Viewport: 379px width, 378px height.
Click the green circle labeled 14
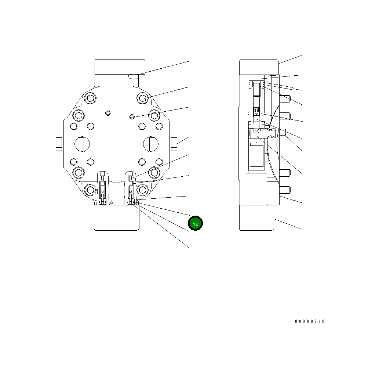[x=195, y=223]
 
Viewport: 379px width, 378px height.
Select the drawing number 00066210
[x=310, y=321]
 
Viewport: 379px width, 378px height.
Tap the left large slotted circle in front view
[x=82, y=143]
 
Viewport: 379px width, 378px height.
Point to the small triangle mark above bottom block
[x=111, y=202]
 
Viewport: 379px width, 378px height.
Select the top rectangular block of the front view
[x=120, y=67]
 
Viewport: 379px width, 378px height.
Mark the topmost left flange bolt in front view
[x=90, y=98]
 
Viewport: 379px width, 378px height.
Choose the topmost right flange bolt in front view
[x=143, y=98]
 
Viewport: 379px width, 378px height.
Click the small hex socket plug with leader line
[x=132, y=117]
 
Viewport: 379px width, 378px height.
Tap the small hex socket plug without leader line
[x=107, y=112]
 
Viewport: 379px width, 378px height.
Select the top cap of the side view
[x=259, y=67]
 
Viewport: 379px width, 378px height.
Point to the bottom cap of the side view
[x=256, y=217]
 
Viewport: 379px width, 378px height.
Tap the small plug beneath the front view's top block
[x=133, y=77]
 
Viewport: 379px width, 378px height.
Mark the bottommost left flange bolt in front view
[x=90, y=190]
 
